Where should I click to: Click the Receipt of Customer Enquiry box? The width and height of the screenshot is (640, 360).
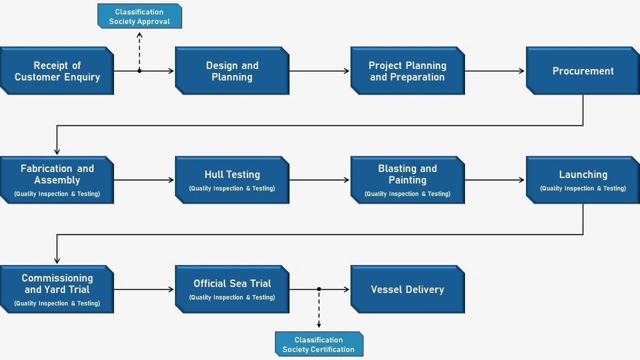click(57, 71)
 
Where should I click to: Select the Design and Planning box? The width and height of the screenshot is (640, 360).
click(232, 71)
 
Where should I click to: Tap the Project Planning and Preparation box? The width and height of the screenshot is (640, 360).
click(408, 71)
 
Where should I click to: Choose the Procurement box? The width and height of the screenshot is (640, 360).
click(583, 71)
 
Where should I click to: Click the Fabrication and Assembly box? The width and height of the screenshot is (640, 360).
click(57, 180)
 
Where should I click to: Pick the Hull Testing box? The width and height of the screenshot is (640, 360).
click(232, 180)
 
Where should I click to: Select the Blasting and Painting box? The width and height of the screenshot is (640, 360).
click(408, 180)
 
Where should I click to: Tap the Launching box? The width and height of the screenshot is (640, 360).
click(583, 180)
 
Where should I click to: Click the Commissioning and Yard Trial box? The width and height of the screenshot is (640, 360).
click(57, 289)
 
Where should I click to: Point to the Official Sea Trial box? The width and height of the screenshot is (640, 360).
click(232, 289)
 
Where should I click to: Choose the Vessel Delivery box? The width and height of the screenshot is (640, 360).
click(408, 289)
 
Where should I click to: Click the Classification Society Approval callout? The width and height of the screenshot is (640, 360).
click(139, 17)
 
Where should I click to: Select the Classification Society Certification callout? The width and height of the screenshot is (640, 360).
click(318, 345)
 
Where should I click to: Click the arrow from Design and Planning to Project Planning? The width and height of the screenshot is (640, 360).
click(319, 71)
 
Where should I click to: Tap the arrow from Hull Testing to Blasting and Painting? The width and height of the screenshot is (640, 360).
click(319, 180)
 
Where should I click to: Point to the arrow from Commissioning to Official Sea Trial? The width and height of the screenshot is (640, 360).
click(144, 289)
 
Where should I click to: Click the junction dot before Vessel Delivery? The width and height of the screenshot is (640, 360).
click(319, 289)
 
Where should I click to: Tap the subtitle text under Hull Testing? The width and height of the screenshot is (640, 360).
click(232, 189)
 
